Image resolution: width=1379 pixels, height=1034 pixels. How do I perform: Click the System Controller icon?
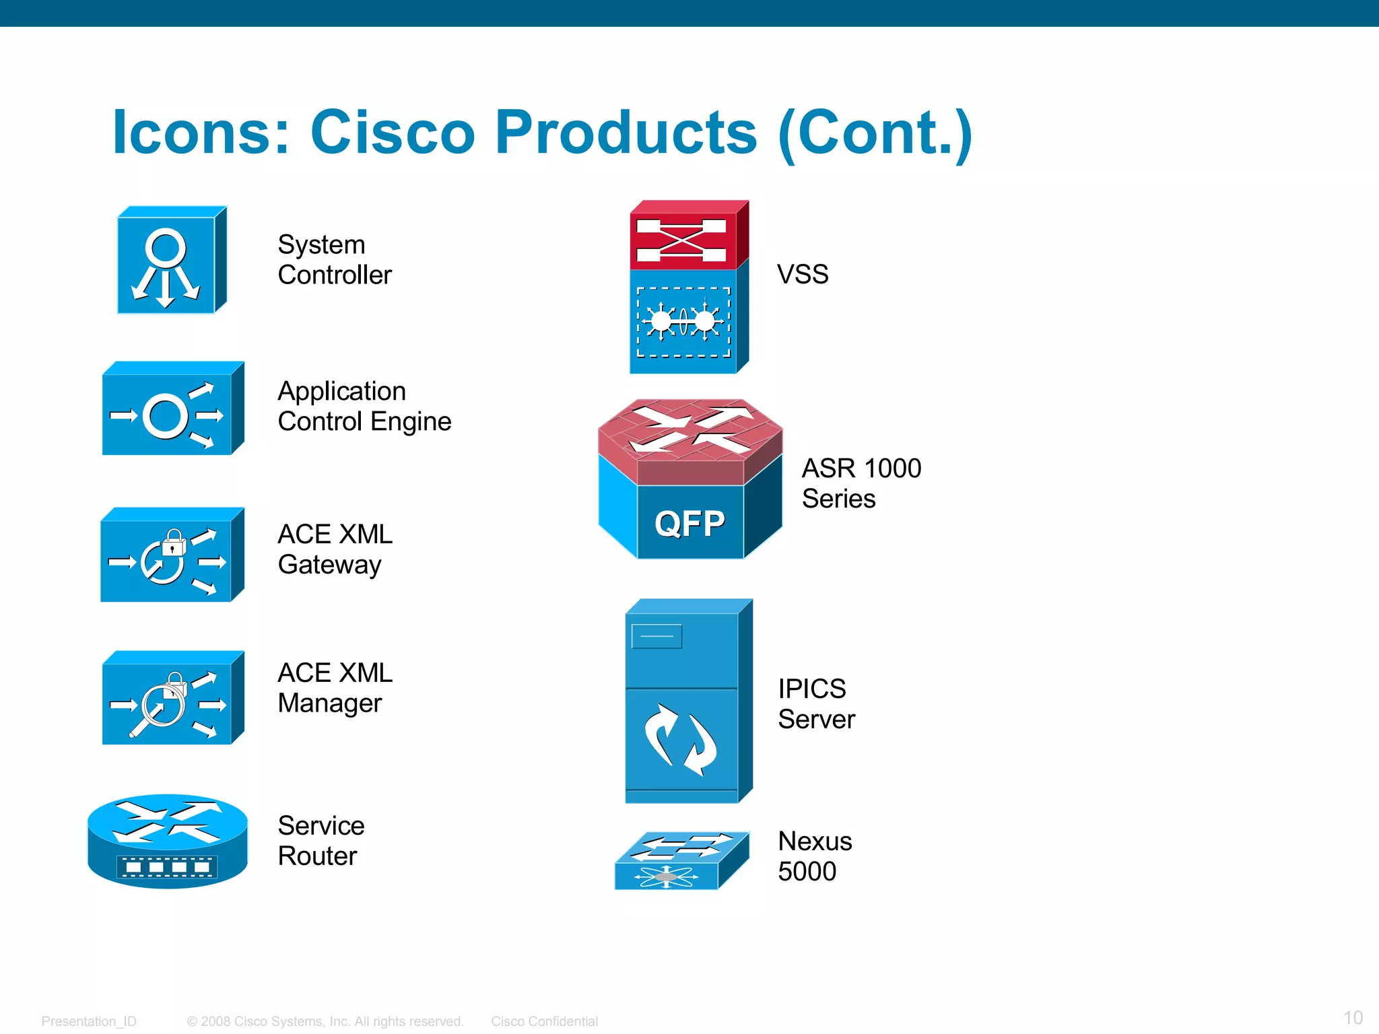coord(171,261)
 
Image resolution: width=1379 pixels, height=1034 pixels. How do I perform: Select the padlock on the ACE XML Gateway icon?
coord(174,542)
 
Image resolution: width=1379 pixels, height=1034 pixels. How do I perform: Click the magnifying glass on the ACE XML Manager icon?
coord(158,710)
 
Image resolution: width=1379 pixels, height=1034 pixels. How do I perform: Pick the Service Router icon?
coord(168,841)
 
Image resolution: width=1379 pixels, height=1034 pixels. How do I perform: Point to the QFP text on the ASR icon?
coord(689,524)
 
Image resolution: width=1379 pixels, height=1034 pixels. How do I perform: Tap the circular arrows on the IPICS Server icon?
coord(680,739)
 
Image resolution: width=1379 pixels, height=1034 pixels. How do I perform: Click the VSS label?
coord(802,275)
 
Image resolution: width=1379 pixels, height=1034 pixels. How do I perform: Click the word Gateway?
coord(329,565)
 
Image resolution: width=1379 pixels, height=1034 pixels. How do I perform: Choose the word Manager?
coord(329,703)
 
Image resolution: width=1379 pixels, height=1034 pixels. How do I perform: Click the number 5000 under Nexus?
coord(807,872)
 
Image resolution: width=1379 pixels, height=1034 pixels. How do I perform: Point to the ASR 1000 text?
coord(861,469)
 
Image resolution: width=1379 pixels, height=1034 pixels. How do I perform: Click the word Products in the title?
coord(626,133)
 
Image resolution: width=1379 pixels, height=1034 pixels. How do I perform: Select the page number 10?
coord(1352,1017)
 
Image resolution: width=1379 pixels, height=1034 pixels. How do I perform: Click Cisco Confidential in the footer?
coord(544,1021)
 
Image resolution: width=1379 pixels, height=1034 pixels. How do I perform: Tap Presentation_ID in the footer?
coord(89,1021)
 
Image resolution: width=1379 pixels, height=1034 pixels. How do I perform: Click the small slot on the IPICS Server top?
coord(657,636)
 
